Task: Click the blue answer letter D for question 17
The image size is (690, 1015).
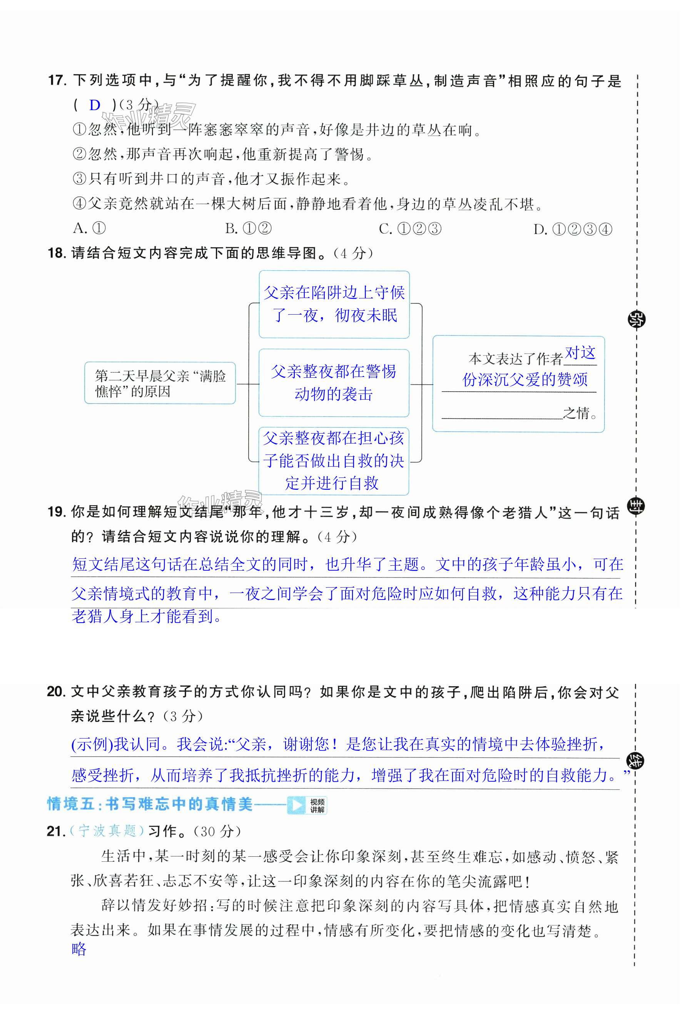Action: tap(95, 105)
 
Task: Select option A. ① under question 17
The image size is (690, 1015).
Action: tap(89, 228)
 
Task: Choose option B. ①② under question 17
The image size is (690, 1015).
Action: tap(248, 228)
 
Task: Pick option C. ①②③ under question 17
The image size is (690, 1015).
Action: tap(410, 229)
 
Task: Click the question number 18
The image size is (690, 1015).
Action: tap(56, 253)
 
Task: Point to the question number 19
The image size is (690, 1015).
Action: tap(56, 512)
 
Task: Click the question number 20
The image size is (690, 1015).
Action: tap(56, 692)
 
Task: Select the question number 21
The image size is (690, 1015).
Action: tap(55, 831)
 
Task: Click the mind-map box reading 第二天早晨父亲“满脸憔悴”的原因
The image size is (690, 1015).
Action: tap(160, 383)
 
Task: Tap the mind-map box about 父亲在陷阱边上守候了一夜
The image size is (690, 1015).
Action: tap(334, 305)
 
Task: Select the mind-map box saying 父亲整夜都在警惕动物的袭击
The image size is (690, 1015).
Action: tap(334, 383)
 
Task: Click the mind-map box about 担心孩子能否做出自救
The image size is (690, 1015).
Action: tap(334, 461)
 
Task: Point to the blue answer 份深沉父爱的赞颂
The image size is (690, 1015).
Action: tap(525, 380)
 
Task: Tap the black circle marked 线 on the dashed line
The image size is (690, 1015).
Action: tap(635, 761)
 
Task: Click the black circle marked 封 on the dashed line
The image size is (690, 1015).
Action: tap(635, 507)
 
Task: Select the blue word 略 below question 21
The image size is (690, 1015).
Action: tap(79, 949)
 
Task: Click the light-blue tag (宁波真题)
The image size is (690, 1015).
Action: tap(107, 831)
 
